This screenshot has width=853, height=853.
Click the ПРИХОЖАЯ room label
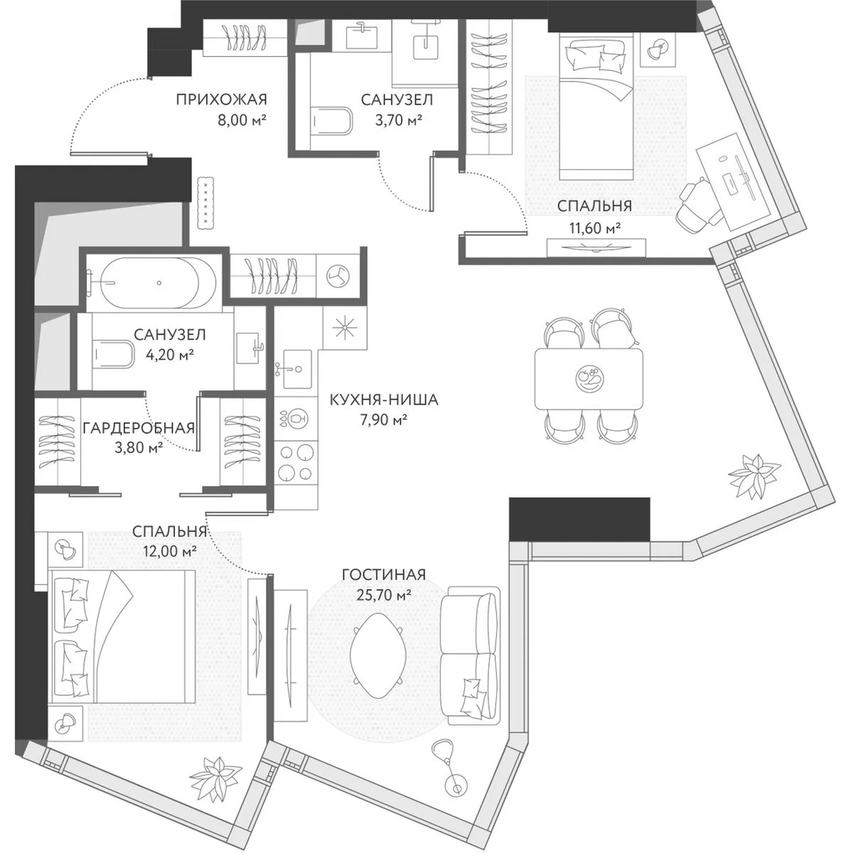221,100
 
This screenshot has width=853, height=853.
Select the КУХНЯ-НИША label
384,400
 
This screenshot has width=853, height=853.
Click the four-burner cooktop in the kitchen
296,463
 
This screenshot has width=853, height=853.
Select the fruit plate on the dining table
590,378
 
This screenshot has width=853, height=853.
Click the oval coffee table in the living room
378,655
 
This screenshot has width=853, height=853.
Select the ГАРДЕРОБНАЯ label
138,428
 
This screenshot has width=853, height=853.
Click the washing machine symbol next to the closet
339,276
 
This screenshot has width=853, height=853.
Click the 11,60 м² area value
595,229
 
